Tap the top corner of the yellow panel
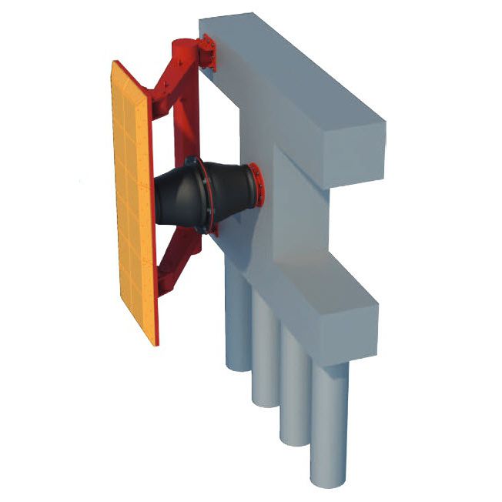(x=115, y=63)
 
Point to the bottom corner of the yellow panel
(x=155, y=342)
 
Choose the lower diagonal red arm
(x=173, y=269)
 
